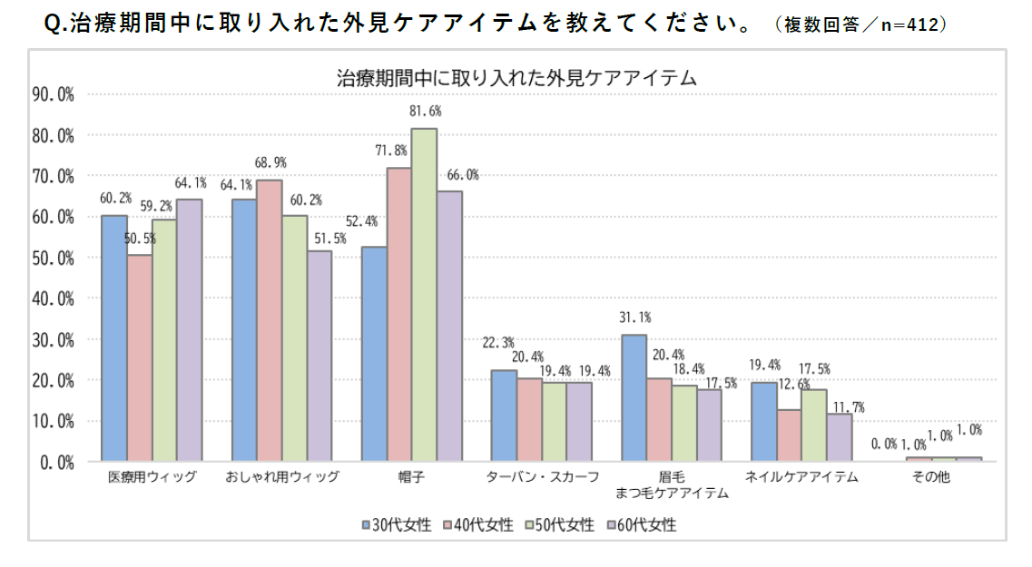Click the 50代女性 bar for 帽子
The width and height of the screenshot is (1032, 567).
(x=425, y=295)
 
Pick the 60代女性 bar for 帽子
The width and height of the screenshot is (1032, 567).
(x=450, y=327)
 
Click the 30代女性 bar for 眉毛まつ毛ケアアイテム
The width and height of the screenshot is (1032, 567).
(x=634, y=398)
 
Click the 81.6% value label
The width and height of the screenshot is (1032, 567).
(x=425, y=112)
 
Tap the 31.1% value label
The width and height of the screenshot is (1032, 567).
(x=634, y=318)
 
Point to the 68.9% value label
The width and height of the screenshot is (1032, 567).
(x=270, y=163)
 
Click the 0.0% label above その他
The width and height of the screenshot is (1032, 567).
(x=884, y=444)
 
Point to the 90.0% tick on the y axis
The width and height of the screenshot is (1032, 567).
(x=53, y=93)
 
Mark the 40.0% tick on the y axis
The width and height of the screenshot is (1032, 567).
(x=53, y=298)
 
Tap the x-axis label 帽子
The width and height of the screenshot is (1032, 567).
(x=412, y=477)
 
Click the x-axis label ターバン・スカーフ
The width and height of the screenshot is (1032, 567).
(x=542, y=477)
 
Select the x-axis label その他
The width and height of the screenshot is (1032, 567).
(x=932, y=477)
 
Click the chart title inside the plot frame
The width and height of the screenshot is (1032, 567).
(x=516, y=78)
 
